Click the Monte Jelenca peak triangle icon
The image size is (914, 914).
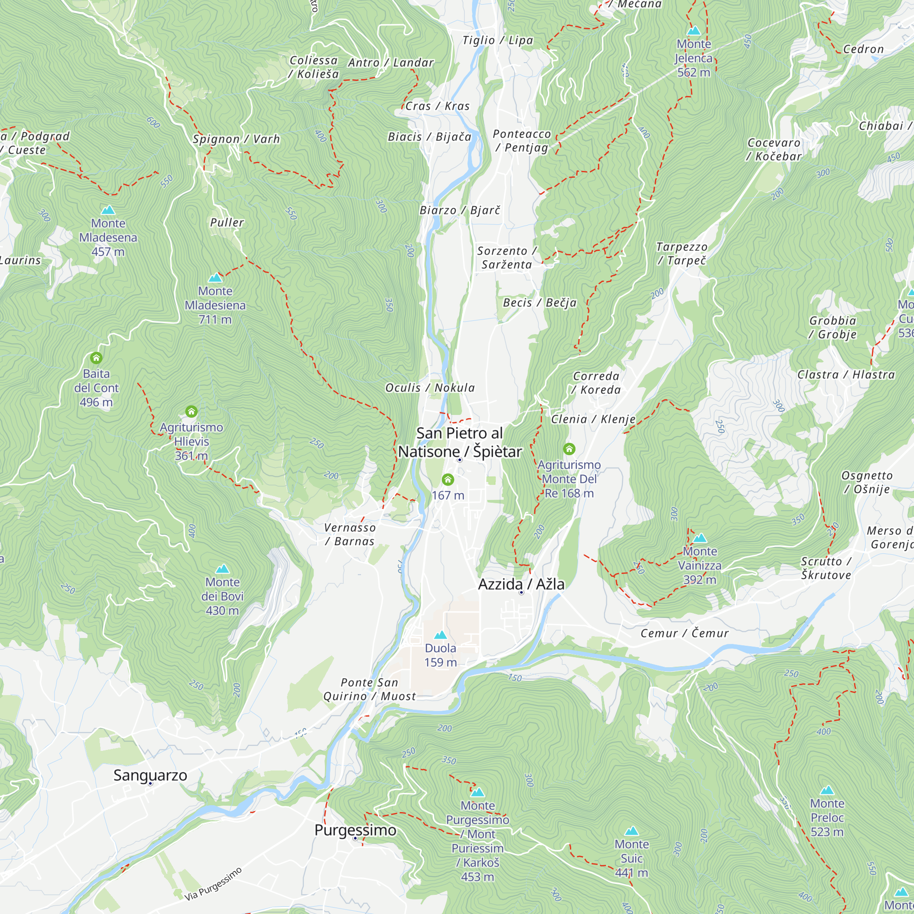pyautogui.click(x=694, y=31)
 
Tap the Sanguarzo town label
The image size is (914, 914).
pyautogui.click(x=150, y=775)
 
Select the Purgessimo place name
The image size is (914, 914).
pyautogui.click(x=355, y=830)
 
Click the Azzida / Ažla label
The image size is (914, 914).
pyautogui.click(x=521, y=584)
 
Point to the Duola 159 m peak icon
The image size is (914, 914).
pyautogui.click(x=441, y=635)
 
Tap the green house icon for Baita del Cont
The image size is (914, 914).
pyautogui.click(x=96, y=358)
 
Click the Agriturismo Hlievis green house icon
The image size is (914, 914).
pyautogui.click(x=191, y=412)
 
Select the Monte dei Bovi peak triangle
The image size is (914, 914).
pyautogui.click(x=223, y=569)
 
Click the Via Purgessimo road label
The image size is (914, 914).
pyautogui.click(x=213, y=884)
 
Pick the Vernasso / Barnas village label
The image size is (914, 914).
pyautogui.click(x=350, y=534)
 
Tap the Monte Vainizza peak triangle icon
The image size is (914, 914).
pyautogui.click(x=700, y=538)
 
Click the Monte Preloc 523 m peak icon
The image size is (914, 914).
pyautogui.click(x=827, y=791)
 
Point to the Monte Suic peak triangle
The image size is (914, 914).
pyautogui.click(x=632, y=831)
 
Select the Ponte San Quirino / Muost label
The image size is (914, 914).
pyautogui.click(x=369, y=689)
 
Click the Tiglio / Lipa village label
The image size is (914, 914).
pyautogui.click(x=498, y=41)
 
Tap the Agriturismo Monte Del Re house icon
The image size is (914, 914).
pyautogui.click(x=569, y=448)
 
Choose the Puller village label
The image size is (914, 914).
pyautogui.click(x=227, y=223)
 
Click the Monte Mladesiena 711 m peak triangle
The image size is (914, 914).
pyautogui.click(x=215, y=278)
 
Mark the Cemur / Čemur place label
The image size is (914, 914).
pyautogui.click(x=684, y=633)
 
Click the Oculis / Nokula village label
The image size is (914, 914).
pyautogui.click(x=430, y=388)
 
